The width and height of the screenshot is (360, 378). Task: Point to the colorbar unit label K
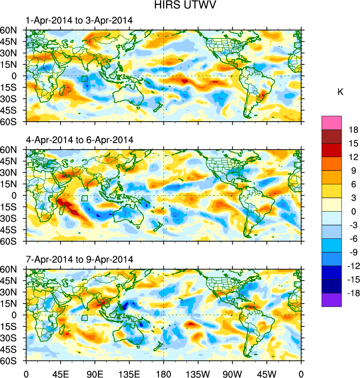pyautogui.click(x=340, y=92)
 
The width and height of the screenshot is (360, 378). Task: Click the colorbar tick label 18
pyautogui.click(x=354, y=130)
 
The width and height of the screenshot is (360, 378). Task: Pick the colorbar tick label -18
pyautogui.click(x=353, y=293)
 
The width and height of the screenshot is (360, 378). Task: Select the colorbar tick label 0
pyautogui.click(x=354, y=212)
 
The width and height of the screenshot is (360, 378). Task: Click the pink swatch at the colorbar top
pyautogui.click(x=332, y=122)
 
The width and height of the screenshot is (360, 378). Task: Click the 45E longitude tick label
pyautogui.click(x=60, y=373)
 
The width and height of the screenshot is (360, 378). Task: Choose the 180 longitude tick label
pyautogui.click(x=164, y=373)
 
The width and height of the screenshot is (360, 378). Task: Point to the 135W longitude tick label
pyautogui.click(x=198, y=373)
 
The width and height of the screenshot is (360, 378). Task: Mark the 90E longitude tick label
pyautogui.click(x=95, y=373)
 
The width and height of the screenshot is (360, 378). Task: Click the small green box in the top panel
pyautogui.click(x=84, y=78)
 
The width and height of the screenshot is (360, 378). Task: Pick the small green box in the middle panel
pyautogui.click(x=84, y=198)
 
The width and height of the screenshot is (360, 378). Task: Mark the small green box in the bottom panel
pyautogui.click(x=84, y=318)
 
